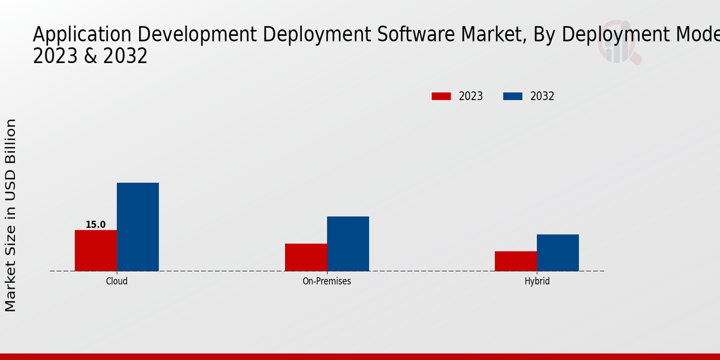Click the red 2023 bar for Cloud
point(95,250)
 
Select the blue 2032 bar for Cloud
point(137,227)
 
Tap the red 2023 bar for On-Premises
point(306,257)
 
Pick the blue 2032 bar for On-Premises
point(348,244)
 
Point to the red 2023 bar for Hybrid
point(515,261)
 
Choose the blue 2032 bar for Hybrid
point(557,253)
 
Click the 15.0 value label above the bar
point(95,225)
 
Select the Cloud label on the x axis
point(116,281)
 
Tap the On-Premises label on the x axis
point(327,281)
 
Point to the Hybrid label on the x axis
point(536,281)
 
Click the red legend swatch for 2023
point(441,96)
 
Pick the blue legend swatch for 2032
point(512,96)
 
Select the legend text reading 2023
point(471,96)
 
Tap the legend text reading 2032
point(542,96)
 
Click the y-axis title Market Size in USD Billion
point(11,215)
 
